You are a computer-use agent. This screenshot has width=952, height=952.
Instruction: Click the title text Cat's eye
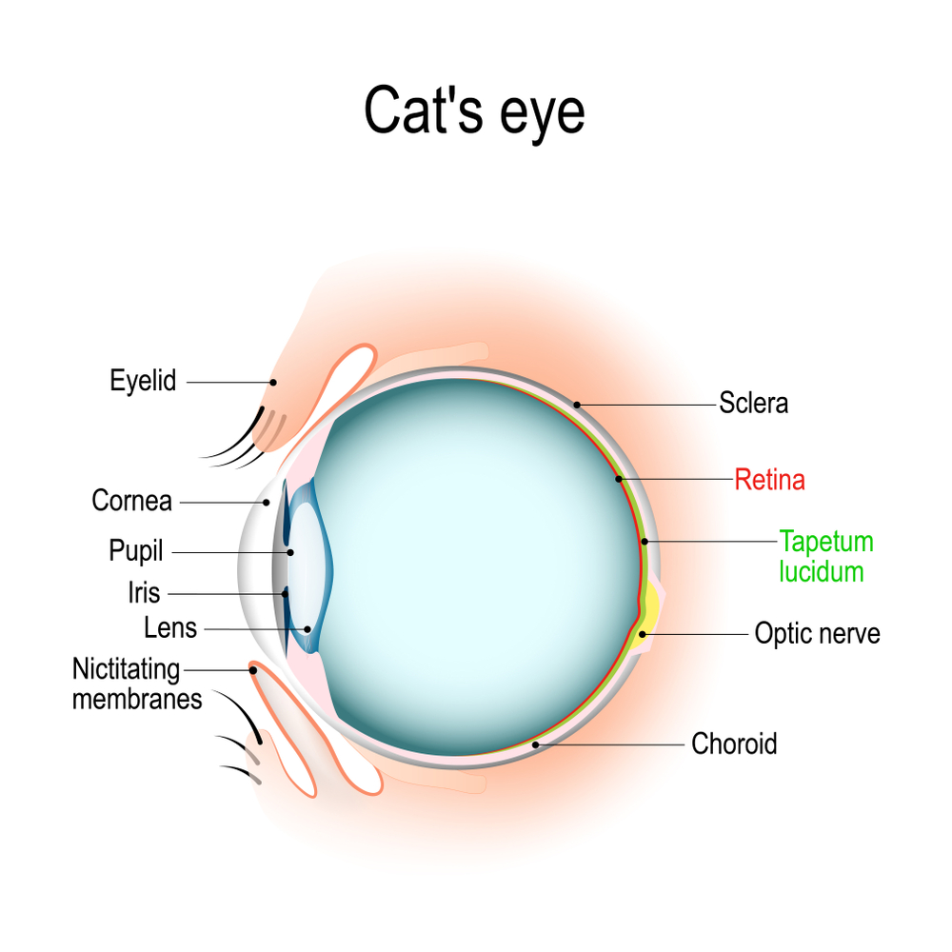[474, 112]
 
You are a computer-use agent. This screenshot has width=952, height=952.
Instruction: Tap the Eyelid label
[143, 382]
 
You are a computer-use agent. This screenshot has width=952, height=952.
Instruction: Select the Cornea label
[131, 500]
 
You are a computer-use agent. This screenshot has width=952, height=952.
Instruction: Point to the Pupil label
[136, 551]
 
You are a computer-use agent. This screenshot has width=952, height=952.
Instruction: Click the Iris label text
[144, 593]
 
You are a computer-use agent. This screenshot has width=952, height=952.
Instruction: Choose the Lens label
[170, 628]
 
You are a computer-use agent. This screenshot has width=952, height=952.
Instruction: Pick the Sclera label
[753, 403]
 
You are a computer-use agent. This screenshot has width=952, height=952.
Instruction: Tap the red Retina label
[769, 480]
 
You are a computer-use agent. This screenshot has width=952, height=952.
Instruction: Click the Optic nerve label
[817, 633]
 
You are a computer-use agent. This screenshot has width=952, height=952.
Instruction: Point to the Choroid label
[734, 744]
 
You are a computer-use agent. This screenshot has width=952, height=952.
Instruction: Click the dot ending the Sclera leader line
[577, 405]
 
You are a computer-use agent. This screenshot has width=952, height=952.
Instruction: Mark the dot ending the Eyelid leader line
[273, 383]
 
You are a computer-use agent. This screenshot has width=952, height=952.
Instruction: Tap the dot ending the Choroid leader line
[536, 744]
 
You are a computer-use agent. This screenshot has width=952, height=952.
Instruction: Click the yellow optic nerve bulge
[650, 609]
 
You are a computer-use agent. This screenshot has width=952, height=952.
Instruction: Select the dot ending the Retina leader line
[618, 479]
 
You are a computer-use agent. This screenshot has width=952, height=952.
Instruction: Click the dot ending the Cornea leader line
[267, 502]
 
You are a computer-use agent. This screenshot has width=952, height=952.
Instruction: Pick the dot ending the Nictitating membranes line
[253, 669]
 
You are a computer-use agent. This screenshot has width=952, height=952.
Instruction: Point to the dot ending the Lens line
[307, 629]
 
